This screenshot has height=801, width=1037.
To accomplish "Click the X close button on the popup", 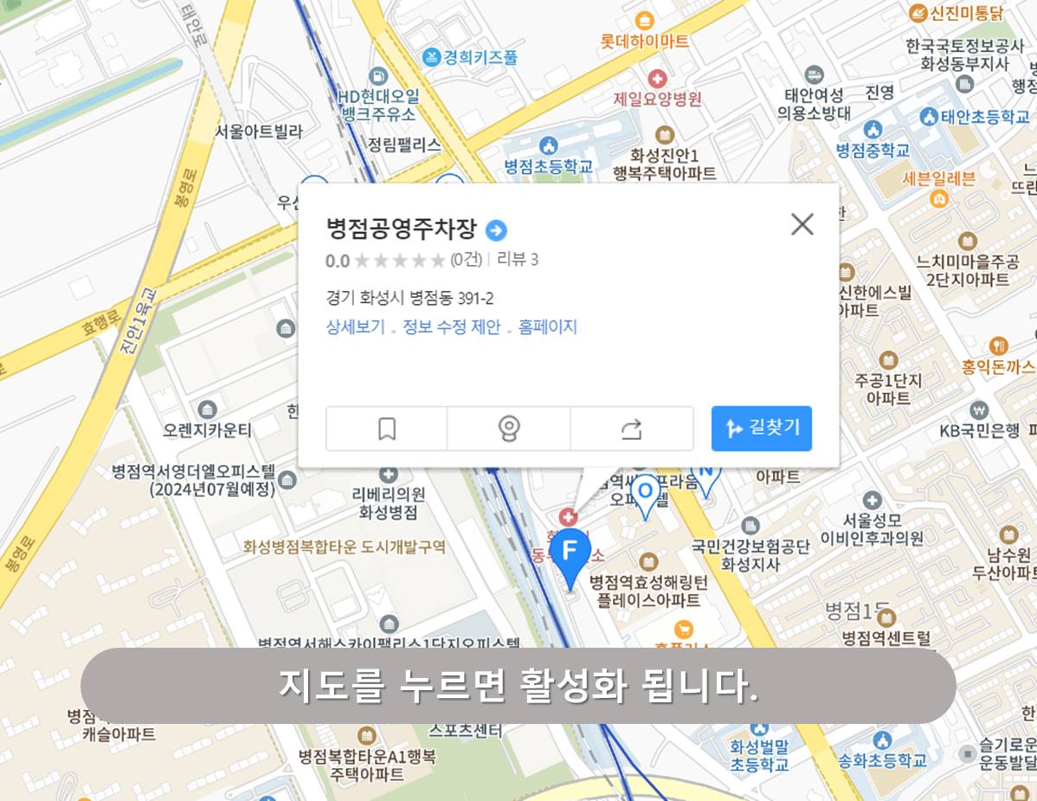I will tap(802, 224).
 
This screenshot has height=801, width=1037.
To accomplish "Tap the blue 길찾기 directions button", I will tap(762, 428).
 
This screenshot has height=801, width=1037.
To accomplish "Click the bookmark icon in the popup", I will tap(387, 429).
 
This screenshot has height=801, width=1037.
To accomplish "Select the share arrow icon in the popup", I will tap(632, 429).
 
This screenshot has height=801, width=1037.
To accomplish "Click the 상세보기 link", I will tap(355, 327).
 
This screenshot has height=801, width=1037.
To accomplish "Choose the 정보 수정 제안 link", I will tap(451, 327).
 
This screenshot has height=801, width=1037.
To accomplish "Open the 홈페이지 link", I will tap(547, 327).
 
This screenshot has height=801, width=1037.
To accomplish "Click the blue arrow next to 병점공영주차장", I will tap(496, 230).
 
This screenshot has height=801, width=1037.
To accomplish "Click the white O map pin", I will tap(645, 493).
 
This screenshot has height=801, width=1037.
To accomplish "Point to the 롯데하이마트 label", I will tap(645, 41).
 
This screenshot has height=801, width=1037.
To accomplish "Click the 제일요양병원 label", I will tap(658, 98).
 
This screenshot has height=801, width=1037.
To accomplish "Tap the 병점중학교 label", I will tap(873, 150).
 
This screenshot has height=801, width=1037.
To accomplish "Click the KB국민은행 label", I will tap(980, 430).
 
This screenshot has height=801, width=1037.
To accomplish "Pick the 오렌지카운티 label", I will tap(208, 430).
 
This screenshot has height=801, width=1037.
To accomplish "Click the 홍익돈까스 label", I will tap(998, 366).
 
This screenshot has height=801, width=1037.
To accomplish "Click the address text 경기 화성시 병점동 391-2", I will tap(409, 299).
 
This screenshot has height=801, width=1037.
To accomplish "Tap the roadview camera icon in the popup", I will tap(509, 429).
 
